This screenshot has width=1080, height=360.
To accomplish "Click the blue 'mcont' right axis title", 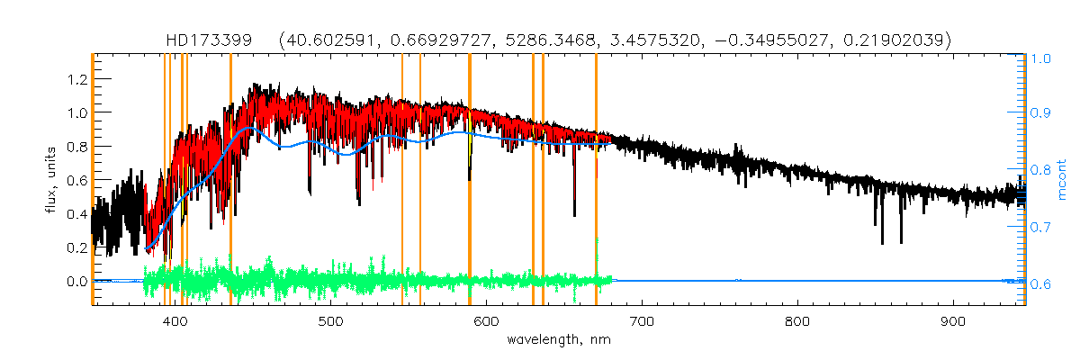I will coord(1062,179).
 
